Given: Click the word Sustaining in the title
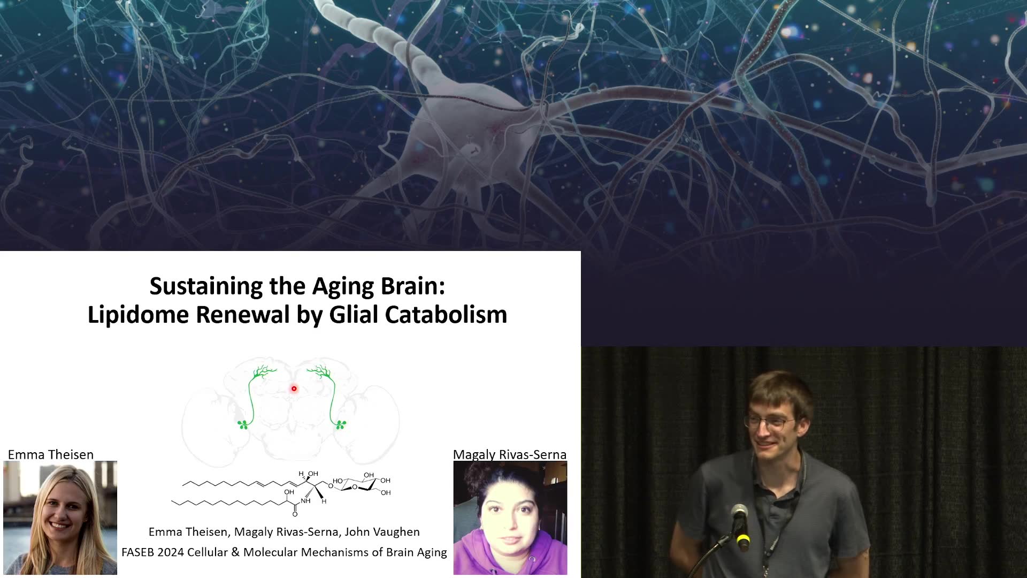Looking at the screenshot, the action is pos(206,286).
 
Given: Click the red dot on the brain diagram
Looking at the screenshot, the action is pos(294,389).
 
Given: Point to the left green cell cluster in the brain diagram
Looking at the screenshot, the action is pos(243,425).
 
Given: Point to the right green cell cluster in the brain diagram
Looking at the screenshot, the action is pos(340,425).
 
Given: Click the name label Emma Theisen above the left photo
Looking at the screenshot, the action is pos(51,454).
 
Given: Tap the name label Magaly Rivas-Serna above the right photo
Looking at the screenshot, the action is pos(510,454).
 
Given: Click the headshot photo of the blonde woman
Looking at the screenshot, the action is pos(60,518).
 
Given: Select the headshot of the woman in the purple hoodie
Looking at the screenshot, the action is pos(510,518).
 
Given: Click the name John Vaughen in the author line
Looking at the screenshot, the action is pos(382,532).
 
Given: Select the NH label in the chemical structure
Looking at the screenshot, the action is pos(306,501).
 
